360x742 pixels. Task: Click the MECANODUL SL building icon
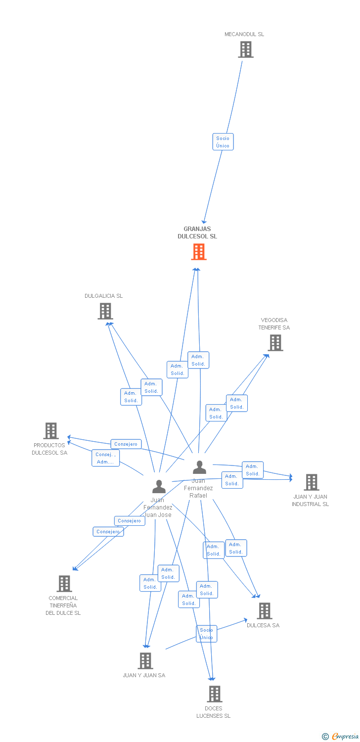[x=245, y=49]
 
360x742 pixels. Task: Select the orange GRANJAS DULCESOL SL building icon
[x=198, y=252]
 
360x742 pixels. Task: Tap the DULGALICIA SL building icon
[x=105, y=311]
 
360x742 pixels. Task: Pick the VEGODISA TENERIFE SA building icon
[x=275, y=342]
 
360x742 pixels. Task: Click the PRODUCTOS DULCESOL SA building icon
[x=51, y=431]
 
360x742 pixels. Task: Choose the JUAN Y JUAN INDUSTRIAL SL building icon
[x=311, y=482]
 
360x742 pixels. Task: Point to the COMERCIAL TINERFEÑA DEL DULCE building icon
[x=64, y=584]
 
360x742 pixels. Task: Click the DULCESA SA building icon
[x=265, y=611]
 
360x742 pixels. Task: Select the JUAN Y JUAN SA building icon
[x=145, y=660]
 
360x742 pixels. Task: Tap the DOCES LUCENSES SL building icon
[x=214, y=694]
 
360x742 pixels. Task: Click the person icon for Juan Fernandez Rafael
[x=199, y=467]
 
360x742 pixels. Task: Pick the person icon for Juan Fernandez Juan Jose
[x=159, y=487]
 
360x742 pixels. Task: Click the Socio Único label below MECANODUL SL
[x=223, y=142]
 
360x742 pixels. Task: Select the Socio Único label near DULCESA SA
[x=206, y=634]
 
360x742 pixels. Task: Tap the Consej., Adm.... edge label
[x=105, y=458]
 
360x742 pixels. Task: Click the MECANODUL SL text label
[x=244, y=34]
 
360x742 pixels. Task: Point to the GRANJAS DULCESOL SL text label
[x=197, y=232]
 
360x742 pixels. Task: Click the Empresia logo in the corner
[x=341, y=737]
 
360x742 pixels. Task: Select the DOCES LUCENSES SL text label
[x=214, y=712]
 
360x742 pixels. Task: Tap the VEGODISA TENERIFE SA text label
[x=274, y=324]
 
